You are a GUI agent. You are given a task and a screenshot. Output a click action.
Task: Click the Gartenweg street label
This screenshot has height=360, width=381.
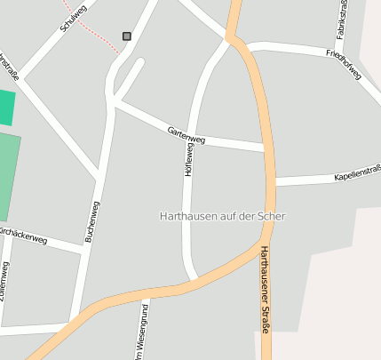pos(187,136)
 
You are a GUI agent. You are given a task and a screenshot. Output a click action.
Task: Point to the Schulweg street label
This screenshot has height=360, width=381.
pos(75,17)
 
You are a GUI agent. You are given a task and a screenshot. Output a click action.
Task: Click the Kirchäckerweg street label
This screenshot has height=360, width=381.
pos(23,236)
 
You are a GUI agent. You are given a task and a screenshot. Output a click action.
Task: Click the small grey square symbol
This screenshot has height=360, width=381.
pos(127,36)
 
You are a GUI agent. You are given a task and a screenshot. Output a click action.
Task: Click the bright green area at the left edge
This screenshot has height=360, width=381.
pos(6,107)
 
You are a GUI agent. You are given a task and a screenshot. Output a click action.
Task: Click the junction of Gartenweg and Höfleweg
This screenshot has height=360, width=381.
pos(193,139)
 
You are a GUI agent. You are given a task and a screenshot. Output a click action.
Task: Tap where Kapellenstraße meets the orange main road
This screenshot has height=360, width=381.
pos(271,181)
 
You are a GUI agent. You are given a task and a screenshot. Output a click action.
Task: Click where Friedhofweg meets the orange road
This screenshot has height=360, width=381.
pos(243,45)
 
